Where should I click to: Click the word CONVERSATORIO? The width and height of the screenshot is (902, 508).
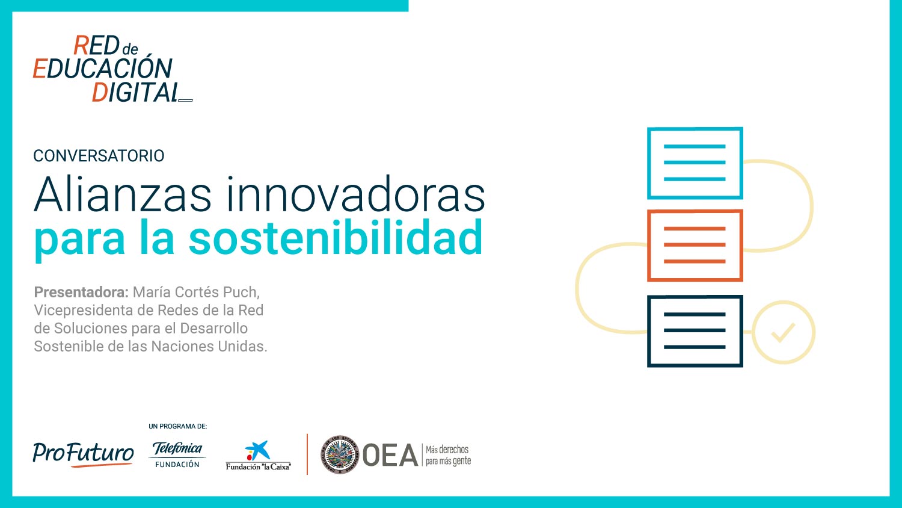99,156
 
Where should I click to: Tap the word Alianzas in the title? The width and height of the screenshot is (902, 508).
123,194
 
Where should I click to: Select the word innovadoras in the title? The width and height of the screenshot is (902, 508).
356,194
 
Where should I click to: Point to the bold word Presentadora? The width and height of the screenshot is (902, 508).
81,292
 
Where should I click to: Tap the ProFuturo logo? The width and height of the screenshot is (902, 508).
83,454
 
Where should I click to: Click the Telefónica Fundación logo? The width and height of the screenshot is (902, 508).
177,455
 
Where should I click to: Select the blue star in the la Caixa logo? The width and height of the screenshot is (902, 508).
258,450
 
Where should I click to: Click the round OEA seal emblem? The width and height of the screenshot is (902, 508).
340,454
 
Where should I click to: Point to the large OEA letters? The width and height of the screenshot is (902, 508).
390,455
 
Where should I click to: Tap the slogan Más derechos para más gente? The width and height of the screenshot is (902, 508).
448,455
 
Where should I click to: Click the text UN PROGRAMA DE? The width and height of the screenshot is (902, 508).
177,426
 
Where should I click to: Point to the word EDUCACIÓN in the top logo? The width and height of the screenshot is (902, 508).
103,68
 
